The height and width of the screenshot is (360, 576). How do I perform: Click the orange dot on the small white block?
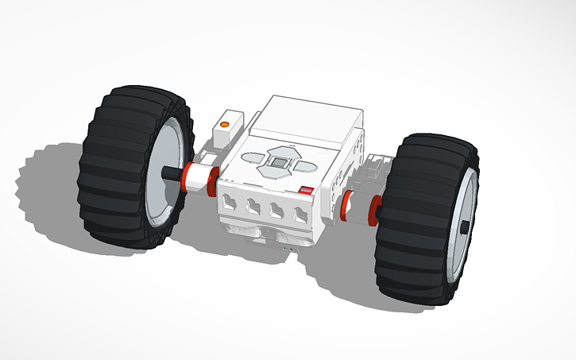(x=225, y=125)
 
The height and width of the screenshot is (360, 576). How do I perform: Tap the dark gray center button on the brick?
(x=278, y=161)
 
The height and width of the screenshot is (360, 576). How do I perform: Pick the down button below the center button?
(x=273, y=172)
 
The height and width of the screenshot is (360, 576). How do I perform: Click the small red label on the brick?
(x=306, y=191)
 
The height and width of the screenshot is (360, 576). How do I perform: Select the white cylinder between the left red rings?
(x=201, y=179)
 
